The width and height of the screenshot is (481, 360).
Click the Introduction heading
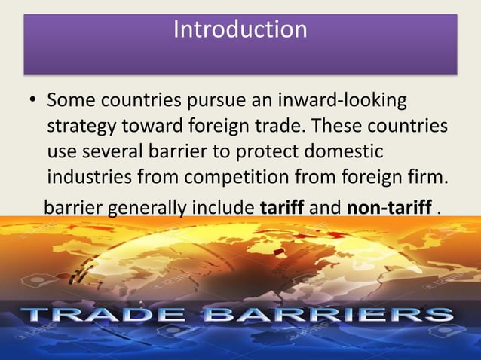point(240,30)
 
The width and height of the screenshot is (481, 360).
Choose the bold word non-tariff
point(388,206)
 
